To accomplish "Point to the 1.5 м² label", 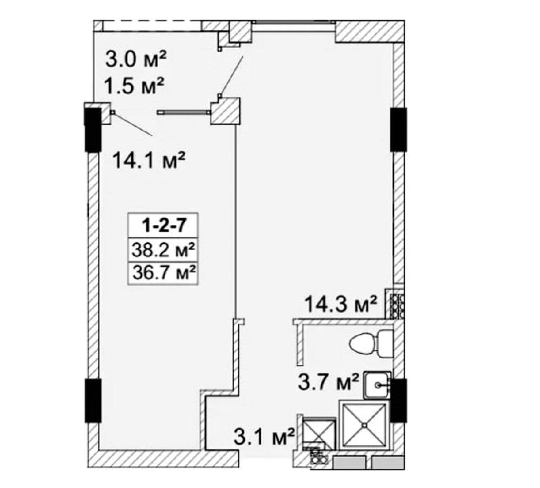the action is coord(134,85).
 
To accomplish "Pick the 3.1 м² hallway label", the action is coord(264,436).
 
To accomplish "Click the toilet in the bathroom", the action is coord(370,344).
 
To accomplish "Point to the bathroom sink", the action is coord(377,385).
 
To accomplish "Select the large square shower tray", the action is coord(363,425).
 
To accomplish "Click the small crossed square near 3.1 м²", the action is coord(318,433).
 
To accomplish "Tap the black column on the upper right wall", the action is coord(399,129).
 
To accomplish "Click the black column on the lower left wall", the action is coord(93,400).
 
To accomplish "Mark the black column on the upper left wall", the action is coord(93,130).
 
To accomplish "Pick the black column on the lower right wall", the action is coord(399,400).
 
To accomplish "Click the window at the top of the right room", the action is coord(294,22).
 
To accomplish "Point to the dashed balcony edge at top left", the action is coord(152,21).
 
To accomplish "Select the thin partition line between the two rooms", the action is coord(235,220).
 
